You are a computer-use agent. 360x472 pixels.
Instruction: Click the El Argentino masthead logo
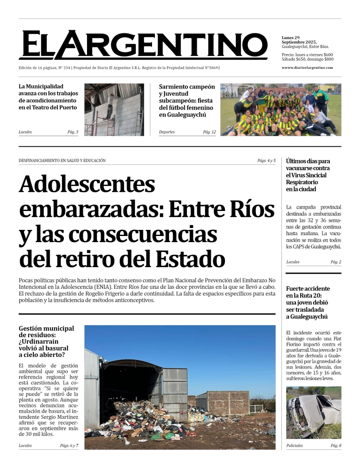143,45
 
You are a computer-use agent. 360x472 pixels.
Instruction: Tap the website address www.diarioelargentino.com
307,67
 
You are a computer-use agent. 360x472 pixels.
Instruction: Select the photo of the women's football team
281,110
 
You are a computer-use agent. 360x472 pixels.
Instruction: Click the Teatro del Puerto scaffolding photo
114,110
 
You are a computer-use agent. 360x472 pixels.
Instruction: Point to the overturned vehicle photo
313,413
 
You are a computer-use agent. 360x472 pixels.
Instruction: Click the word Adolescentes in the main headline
87,184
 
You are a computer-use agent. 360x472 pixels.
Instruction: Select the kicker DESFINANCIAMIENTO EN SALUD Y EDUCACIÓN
62,161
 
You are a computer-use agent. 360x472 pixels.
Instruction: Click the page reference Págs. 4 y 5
266,161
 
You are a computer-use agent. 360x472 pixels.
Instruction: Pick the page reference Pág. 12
209,132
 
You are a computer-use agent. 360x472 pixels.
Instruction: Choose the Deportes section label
167,132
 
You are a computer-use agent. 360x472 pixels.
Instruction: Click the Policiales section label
295,446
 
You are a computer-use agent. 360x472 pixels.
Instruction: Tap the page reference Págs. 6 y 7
69,446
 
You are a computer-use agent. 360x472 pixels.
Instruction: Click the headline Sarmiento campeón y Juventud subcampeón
187,101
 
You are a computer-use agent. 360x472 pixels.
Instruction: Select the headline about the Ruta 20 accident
308,302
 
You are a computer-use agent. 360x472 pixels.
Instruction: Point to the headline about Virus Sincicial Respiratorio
308,175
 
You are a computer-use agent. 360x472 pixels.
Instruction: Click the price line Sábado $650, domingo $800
307,59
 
